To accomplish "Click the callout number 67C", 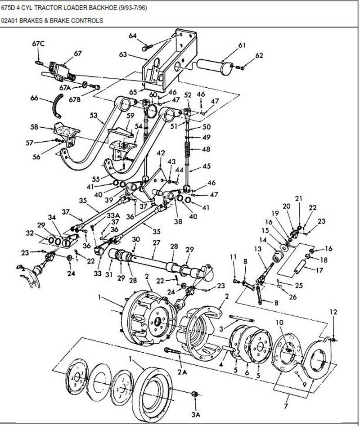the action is click(38, 44).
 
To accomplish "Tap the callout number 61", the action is click(242, 45).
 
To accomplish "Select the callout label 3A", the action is click(196, 414).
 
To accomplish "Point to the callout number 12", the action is click(333, 312).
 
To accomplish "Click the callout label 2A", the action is click(182, 372).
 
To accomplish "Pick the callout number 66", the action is click(34, 98).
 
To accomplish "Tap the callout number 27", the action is click(156, 242).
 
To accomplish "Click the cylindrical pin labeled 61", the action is click(215, 67).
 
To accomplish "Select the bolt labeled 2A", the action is click(172, 351).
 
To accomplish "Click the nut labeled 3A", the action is click(194, 394).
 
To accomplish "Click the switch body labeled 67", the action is click(59, 70).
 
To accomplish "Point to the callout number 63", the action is click(123, 54).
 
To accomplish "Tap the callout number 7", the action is click(285, 407).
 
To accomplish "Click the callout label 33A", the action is click(113, 215).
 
